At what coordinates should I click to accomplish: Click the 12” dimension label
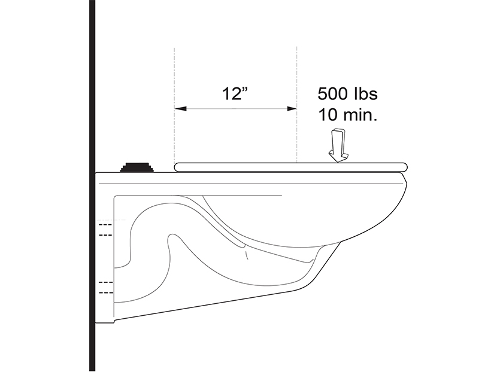point(235,93)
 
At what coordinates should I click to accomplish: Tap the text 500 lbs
point(348,94)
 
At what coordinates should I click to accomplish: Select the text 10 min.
point(348,115)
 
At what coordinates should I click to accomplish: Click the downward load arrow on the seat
point(338,146)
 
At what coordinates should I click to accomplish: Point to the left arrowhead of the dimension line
point(180,109)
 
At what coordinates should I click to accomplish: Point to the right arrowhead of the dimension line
point(291,109)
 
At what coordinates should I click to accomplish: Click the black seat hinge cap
point(137,167)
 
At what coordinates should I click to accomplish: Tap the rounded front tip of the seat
point(404,167)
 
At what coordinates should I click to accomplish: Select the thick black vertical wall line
point(92,186)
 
